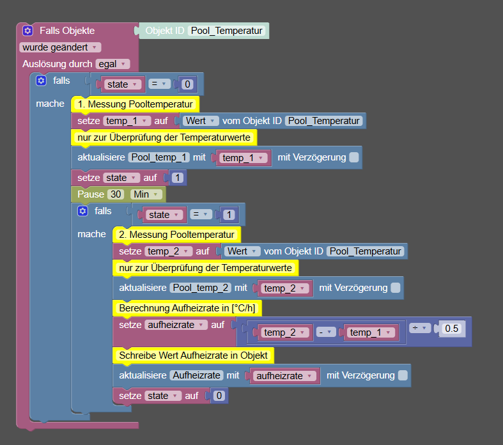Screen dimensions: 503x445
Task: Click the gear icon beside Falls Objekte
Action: (x=27, y=31)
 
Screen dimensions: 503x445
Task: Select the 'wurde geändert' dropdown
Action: (x=60, y=47)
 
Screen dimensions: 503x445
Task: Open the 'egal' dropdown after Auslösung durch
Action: (x=112, y=64)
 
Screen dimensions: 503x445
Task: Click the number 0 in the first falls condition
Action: (x=187, y=84)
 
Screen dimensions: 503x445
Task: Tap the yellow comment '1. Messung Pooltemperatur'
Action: (x=135, y=104)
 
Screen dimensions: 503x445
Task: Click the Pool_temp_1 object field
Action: (x=159, y=157)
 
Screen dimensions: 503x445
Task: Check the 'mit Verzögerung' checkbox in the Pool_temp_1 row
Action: (x=354, y=157)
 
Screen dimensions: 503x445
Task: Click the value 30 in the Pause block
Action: (x=116, y=194)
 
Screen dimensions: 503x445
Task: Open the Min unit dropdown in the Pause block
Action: (x=146, y=194)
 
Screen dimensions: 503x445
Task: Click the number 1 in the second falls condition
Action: (x=229, y=215)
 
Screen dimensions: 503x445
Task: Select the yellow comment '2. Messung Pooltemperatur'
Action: (x=176, y=235)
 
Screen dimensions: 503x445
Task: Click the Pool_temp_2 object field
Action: (x=201, y=288)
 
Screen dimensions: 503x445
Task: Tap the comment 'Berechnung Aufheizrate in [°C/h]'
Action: (x=187, y=308)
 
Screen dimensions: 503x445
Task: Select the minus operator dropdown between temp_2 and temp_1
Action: (x=326, y=332)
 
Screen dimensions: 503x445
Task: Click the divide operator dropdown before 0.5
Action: (x=420, y=328)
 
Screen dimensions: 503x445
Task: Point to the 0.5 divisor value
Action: (x=452, y=329)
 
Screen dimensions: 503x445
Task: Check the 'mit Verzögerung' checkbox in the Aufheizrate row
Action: (x=403, y=375)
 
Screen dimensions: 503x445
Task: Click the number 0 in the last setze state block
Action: (x=219, y=396)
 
